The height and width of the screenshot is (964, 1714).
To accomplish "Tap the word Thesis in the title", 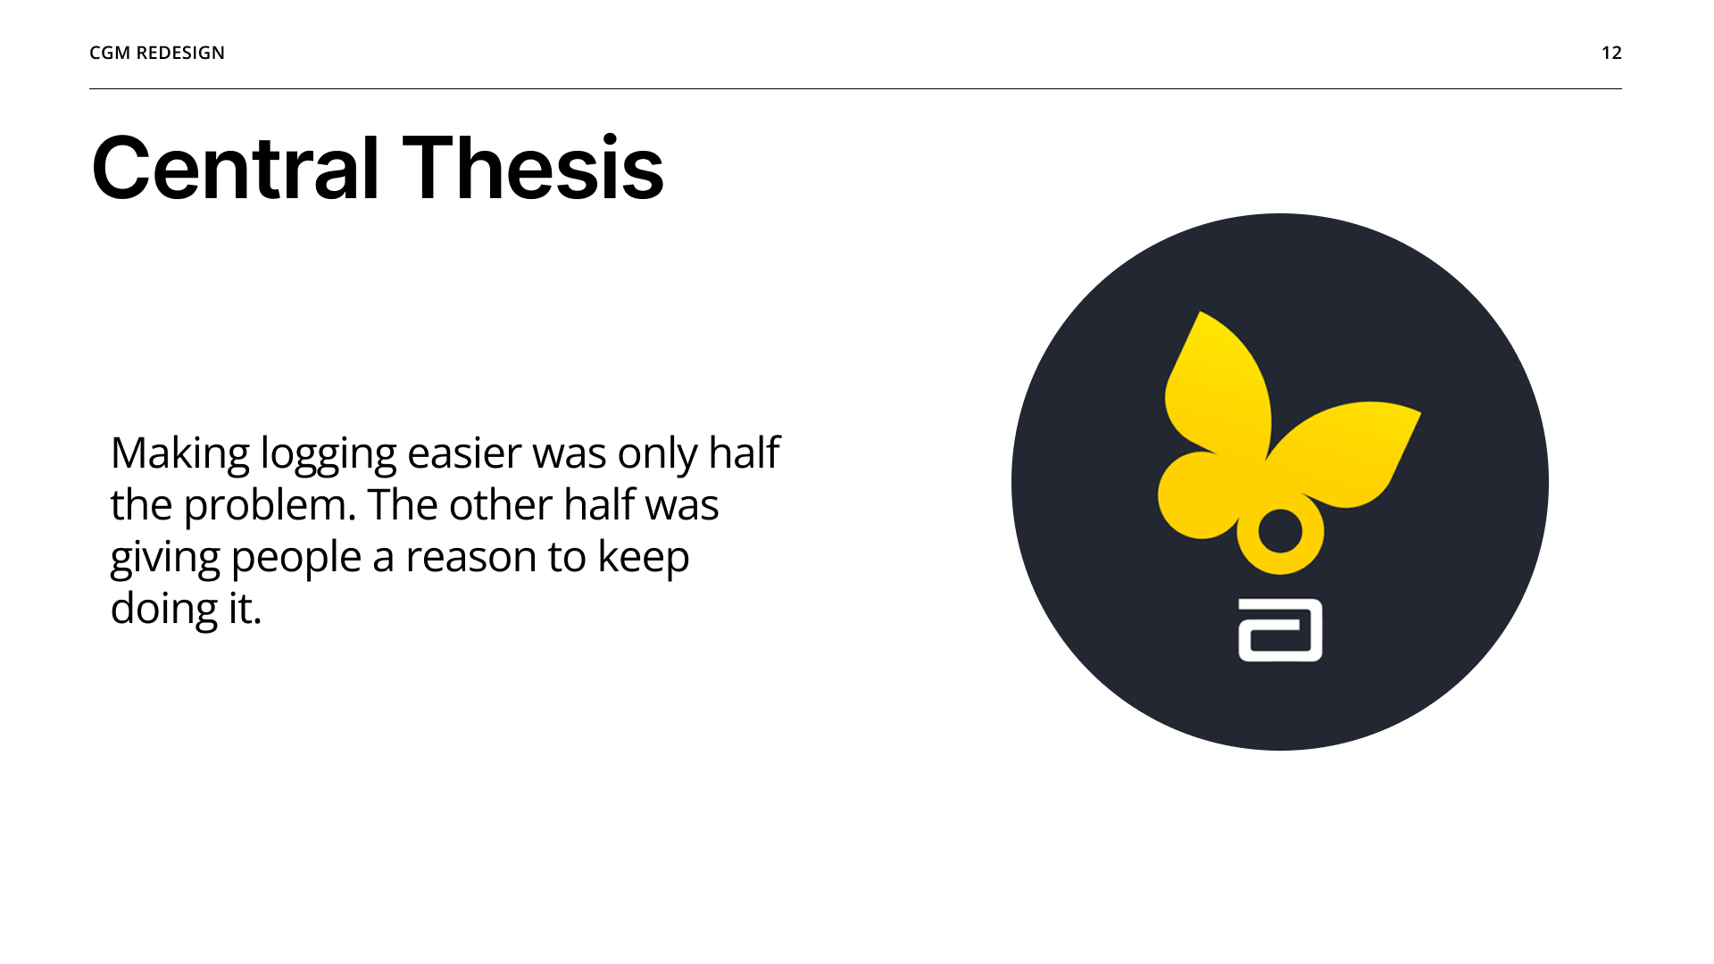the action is pos(533,168).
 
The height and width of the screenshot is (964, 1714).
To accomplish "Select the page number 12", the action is pos(1611,53).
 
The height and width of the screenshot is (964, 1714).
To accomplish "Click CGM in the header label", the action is pos(110,53).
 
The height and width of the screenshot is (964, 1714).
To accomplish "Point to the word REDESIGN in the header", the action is pos(180,53).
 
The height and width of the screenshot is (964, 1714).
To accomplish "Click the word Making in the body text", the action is pos(179,453).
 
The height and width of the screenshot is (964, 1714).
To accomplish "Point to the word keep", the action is pos(643,558).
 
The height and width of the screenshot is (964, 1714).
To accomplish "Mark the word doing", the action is pos(164,610).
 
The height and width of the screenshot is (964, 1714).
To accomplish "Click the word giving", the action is pos(165,558).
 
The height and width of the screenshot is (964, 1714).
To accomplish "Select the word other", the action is pos(501,505).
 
